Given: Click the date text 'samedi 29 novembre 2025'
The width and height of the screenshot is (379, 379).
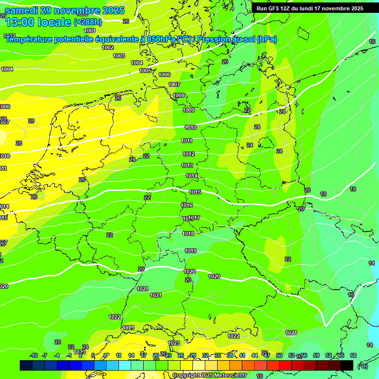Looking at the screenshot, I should pyautogui.click(x=65, y=10).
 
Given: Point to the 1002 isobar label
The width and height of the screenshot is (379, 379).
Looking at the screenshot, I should pyautogui.click(x=108, y=47).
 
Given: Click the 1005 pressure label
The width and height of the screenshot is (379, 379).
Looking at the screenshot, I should pyautogui.click(x=145, y=71).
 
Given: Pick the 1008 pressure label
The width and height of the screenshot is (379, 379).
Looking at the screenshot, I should pyautogui.click(x=179, y=95).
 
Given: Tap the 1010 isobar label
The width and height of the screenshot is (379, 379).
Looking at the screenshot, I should pyautogui.click(x=190, y=127).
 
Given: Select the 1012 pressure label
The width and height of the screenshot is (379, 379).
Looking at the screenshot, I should pyautogui.click(x=189, y=154).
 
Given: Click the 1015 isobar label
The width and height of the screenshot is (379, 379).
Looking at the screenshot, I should pyautogui.click(x=195, y=192).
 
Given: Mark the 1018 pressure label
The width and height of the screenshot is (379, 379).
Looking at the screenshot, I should pyautogui.click(x=188, y=233).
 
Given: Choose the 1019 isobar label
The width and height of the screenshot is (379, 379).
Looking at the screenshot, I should pyautogui.click(x=190, y=251).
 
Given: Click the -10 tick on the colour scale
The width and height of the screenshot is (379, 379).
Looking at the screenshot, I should pyautogui.click(x=34, y=355).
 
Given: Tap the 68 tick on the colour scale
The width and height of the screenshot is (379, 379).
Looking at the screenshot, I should pyautogui.click(x=353, y=355).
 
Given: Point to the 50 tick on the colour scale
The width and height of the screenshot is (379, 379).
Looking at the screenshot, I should pyautogui.click(x=279, y=355).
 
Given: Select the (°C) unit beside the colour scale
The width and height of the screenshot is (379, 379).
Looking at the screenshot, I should pyautogui.click(x=362, y=366).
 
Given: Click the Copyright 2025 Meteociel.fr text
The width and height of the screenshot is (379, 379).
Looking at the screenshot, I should pyautogui.click(x=209, y=375).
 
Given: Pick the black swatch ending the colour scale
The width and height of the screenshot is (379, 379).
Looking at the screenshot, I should pyautogui.click(x=347, y=365).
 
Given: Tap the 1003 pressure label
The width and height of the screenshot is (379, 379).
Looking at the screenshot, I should pyautogui.click(x=119, y=56).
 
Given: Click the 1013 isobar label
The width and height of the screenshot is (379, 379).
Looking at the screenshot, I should pyautogui.click(x=187, y=165).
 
